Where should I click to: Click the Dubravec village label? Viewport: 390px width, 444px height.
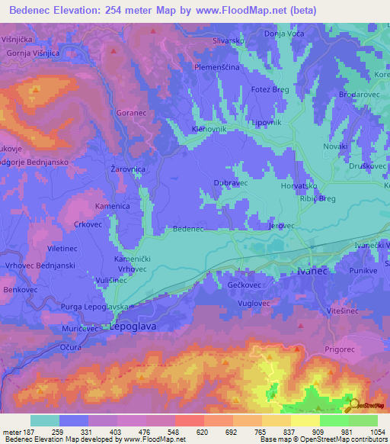[231, 183]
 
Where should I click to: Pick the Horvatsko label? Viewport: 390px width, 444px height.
[299, 185]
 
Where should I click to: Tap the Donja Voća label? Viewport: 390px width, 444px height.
[283, 34]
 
